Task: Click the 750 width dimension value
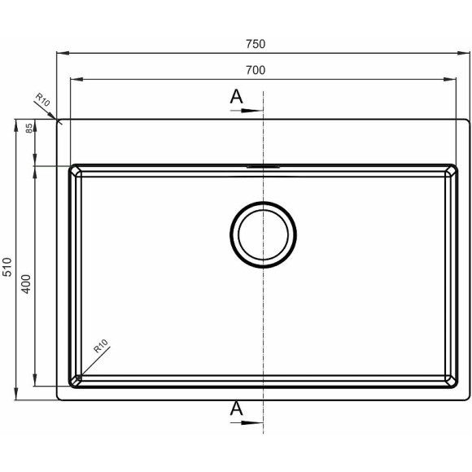[x=256, y=44]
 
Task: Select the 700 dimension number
[x=256, y=70]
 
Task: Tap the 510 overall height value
[x=7, y=267]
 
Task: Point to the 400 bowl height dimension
[x=27, y=284]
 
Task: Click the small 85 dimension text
[x=29, y=129]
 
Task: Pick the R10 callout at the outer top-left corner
[x=43, y=99]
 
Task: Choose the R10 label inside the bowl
[x=101, y=346]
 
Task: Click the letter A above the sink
[x=236, y=97]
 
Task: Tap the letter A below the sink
[x=236, y=409]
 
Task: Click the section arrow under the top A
[x=247, y=111]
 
